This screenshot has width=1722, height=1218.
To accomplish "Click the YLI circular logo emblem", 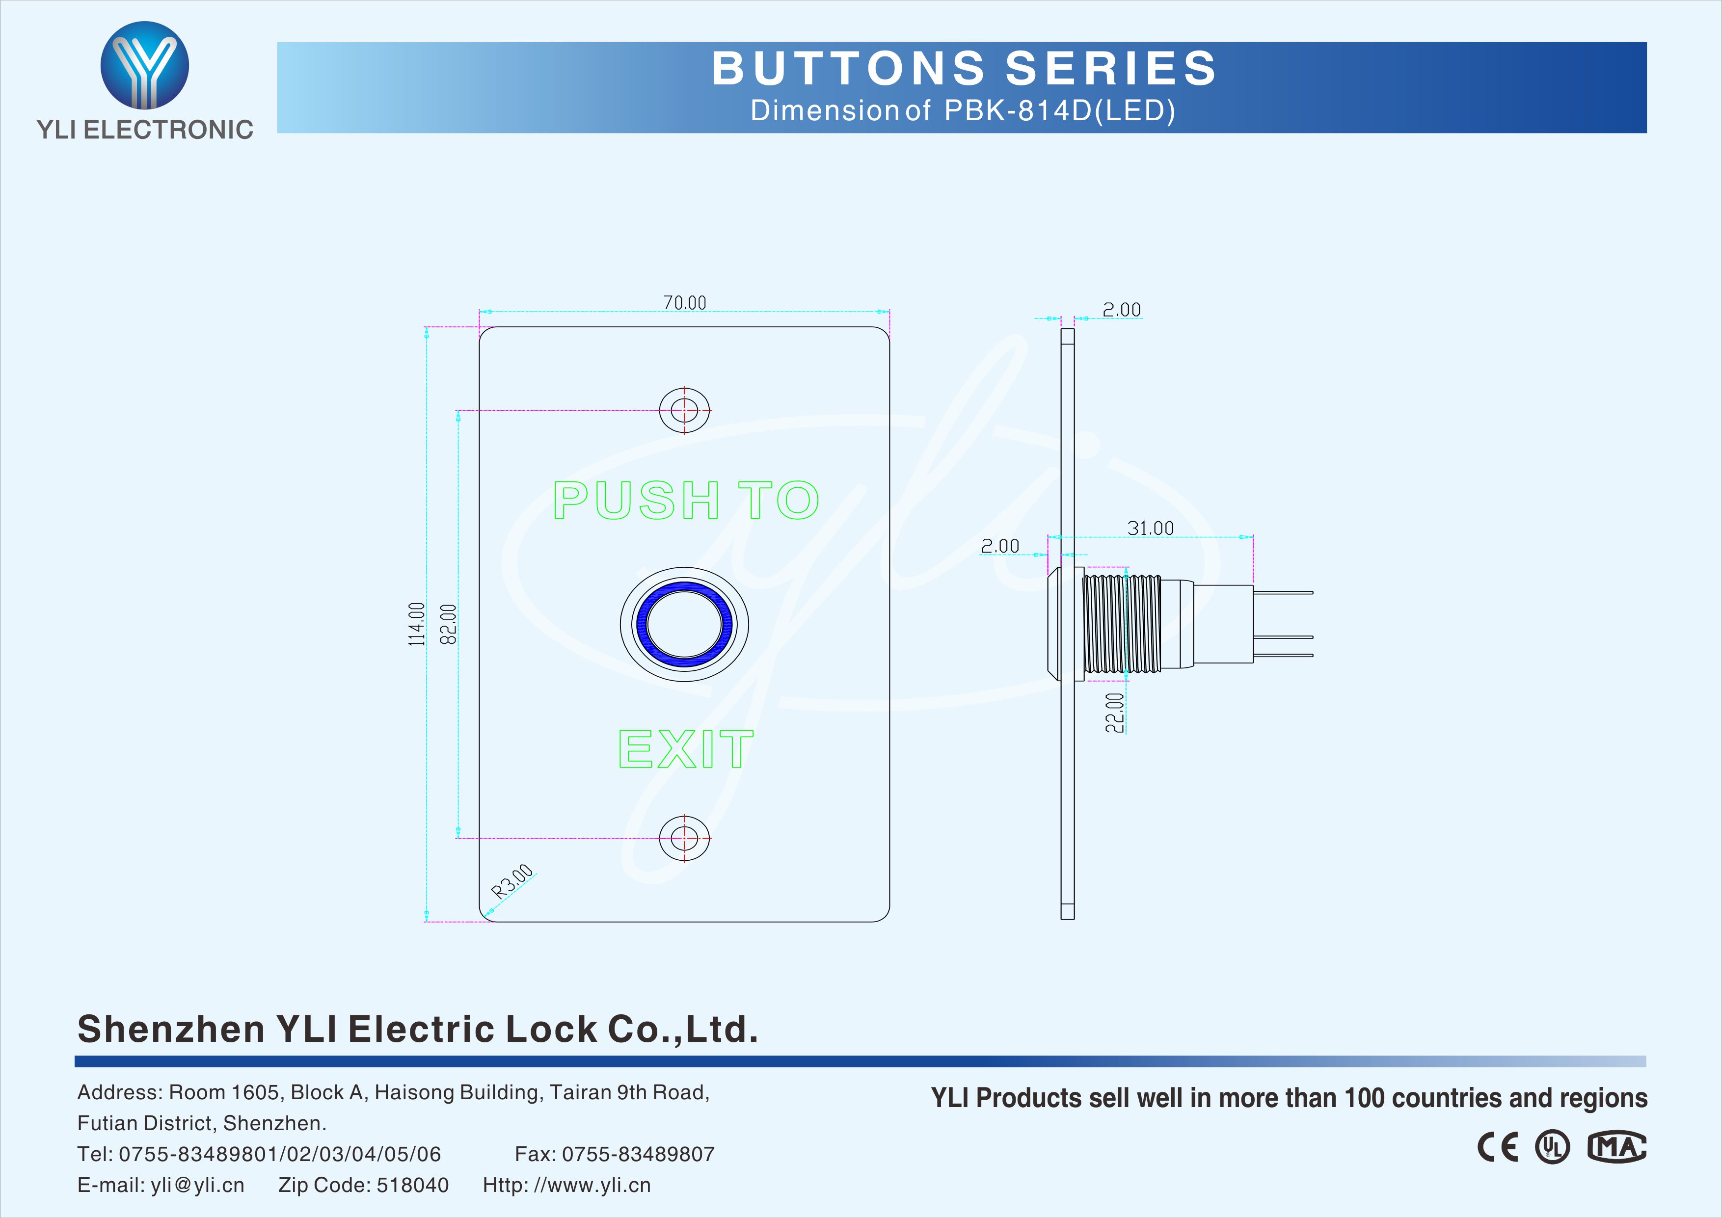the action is (145, 65).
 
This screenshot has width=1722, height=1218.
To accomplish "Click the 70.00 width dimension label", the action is (685, 302).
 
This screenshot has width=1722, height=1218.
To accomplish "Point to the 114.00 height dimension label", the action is (416, 624).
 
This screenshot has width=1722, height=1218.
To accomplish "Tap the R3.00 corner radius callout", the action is (512, 881).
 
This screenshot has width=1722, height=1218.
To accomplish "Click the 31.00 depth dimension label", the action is (1151, 528).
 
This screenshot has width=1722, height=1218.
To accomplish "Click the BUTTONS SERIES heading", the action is (964, 68).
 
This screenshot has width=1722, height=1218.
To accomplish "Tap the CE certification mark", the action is (1497, 1147).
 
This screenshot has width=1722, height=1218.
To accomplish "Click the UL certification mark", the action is (1552, 1147).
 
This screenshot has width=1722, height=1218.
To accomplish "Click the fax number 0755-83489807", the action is (638, 1154).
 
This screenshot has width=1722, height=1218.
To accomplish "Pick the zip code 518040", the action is (412, 1185).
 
